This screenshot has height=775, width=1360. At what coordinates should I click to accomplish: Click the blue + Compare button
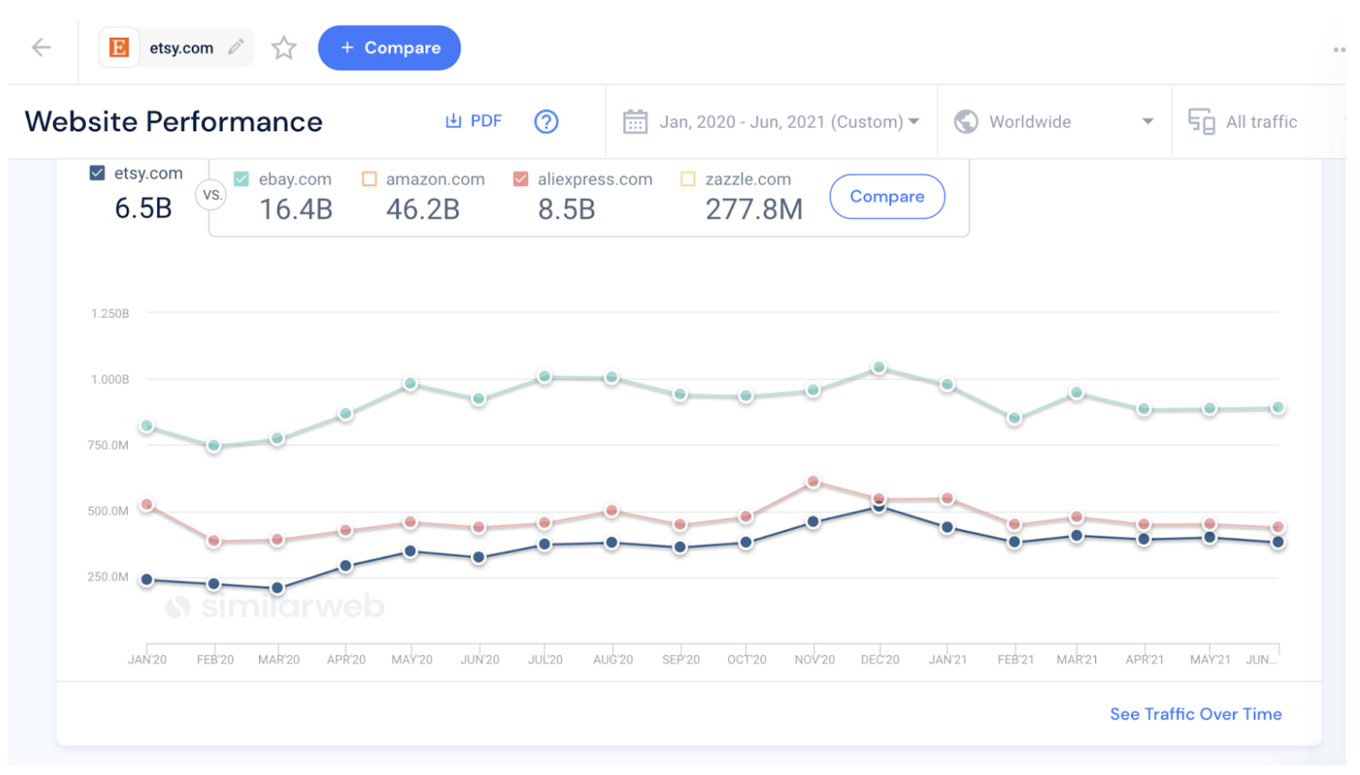[x=389, y=48]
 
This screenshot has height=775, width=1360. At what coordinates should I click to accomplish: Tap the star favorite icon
[x=284, y=48]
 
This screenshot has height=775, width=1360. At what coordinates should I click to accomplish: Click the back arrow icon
[x=41, y=48]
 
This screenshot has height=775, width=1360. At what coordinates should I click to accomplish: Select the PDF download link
[x=473, y=122]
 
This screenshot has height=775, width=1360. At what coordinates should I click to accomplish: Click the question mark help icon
[x=546, y=122]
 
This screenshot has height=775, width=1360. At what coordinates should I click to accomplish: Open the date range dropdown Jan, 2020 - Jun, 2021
[x=772, y=122]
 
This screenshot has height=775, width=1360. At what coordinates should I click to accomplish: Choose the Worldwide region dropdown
[x=1054, y=122]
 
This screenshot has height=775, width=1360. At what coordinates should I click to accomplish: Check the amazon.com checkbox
[x=370, y=179]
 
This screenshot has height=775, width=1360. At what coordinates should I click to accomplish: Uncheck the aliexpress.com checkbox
[x=521, y=179]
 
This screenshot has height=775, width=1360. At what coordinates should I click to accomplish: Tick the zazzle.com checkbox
[x=688, y=179]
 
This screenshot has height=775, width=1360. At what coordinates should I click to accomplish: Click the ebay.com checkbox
[x=242, y=179]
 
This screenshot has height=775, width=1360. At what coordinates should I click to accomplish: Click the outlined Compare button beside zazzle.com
[x=887, y=196]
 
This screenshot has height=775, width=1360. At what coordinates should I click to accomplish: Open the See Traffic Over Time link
[x=1195, y=714]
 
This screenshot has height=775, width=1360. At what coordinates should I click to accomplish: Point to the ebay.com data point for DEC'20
[x=879, y=368]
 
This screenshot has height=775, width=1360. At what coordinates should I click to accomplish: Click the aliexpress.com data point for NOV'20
[x=813, y=482]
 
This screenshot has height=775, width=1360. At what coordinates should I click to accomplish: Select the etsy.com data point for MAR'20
[x=277, y=588]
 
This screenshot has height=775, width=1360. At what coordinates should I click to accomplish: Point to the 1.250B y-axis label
[x=110, y=314]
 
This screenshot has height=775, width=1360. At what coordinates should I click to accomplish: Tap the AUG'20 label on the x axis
[x=612, y=659]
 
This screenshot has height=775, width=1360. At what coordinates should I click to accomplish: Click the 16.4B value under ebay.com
[x=296, y=209]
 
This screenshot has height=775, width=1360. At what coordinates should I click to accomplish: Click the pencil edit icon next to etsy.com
[x=236, y=47]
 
